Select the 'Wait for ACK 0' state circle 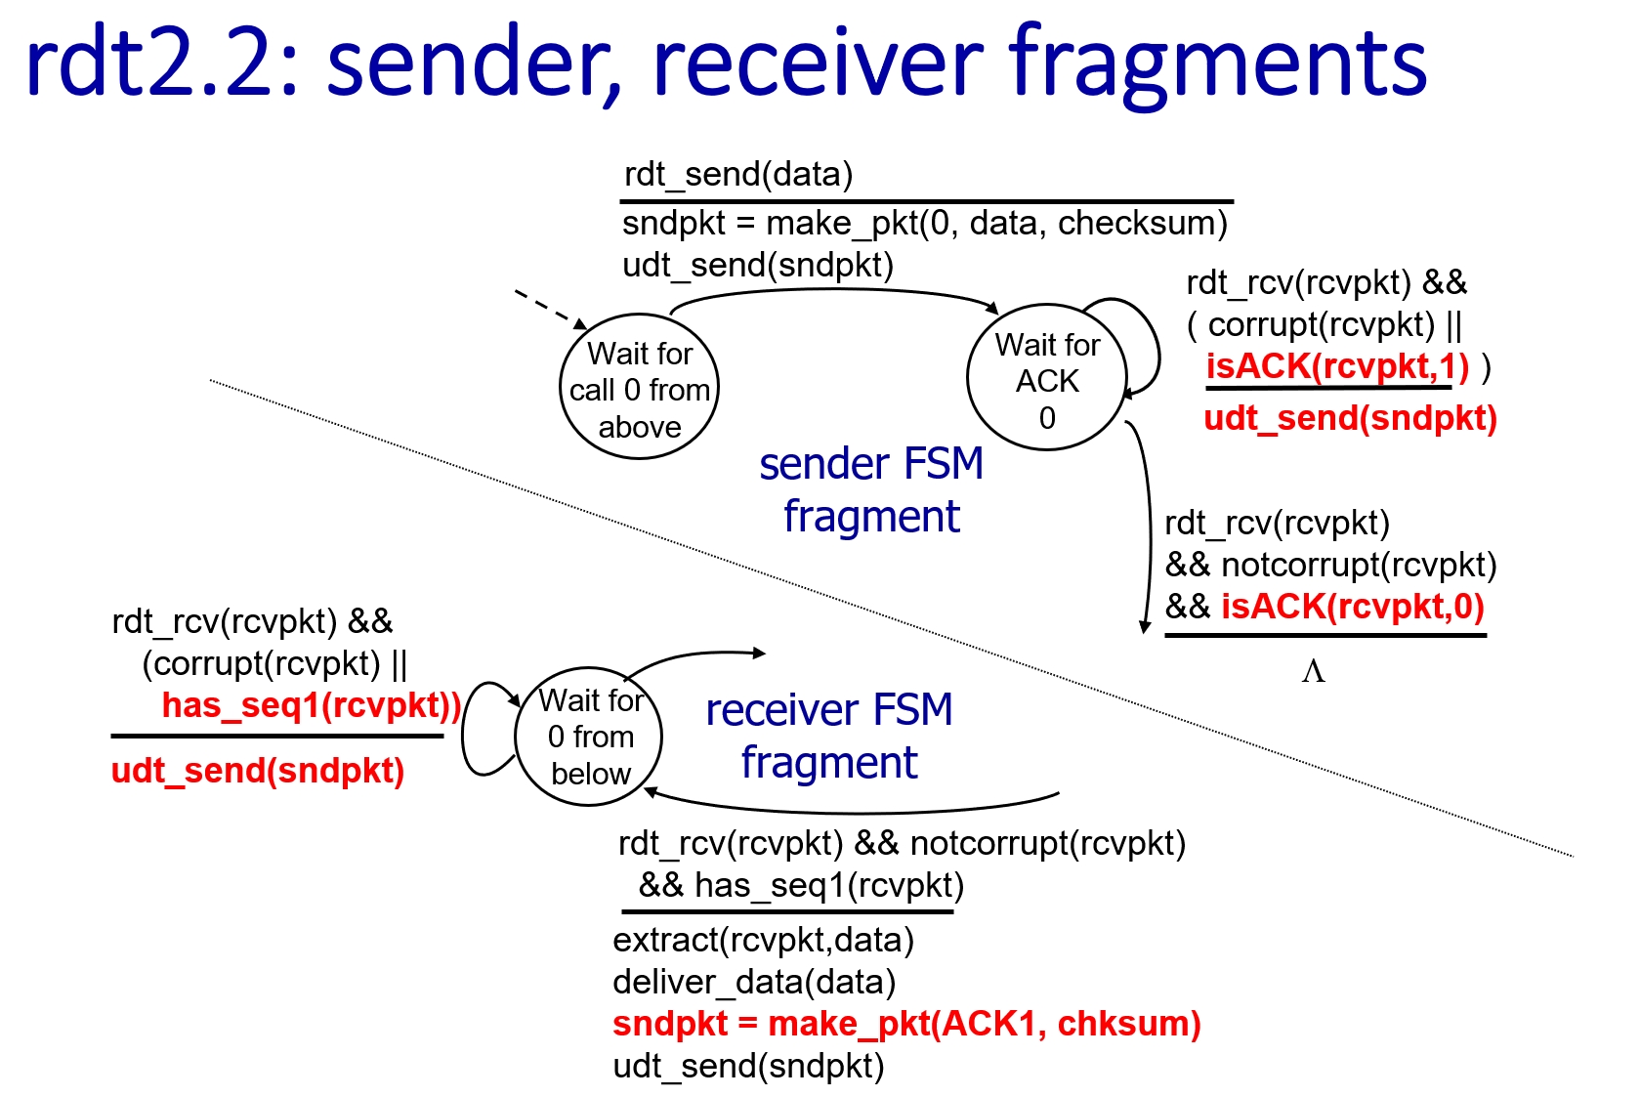(1046, 380)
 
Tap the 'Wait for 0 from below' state (589, 738)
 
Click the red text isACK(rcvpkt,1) (1337, 367)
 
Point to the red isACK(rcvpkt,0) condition (1352, 607)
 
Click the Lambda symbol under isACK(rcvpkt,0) (1313, 671)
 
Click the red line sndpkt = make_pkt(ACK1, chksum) (906, 1024)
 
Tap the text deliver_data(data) (754, 982)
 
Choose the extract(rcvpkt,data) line (763, 940)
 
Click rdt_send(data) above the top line (738, 175)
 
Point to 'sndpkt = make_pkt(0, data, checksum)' (924, 224)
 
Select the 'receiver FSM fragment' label (828, 736)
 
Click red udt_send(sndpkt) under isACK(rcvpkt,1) (1350, 419)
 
